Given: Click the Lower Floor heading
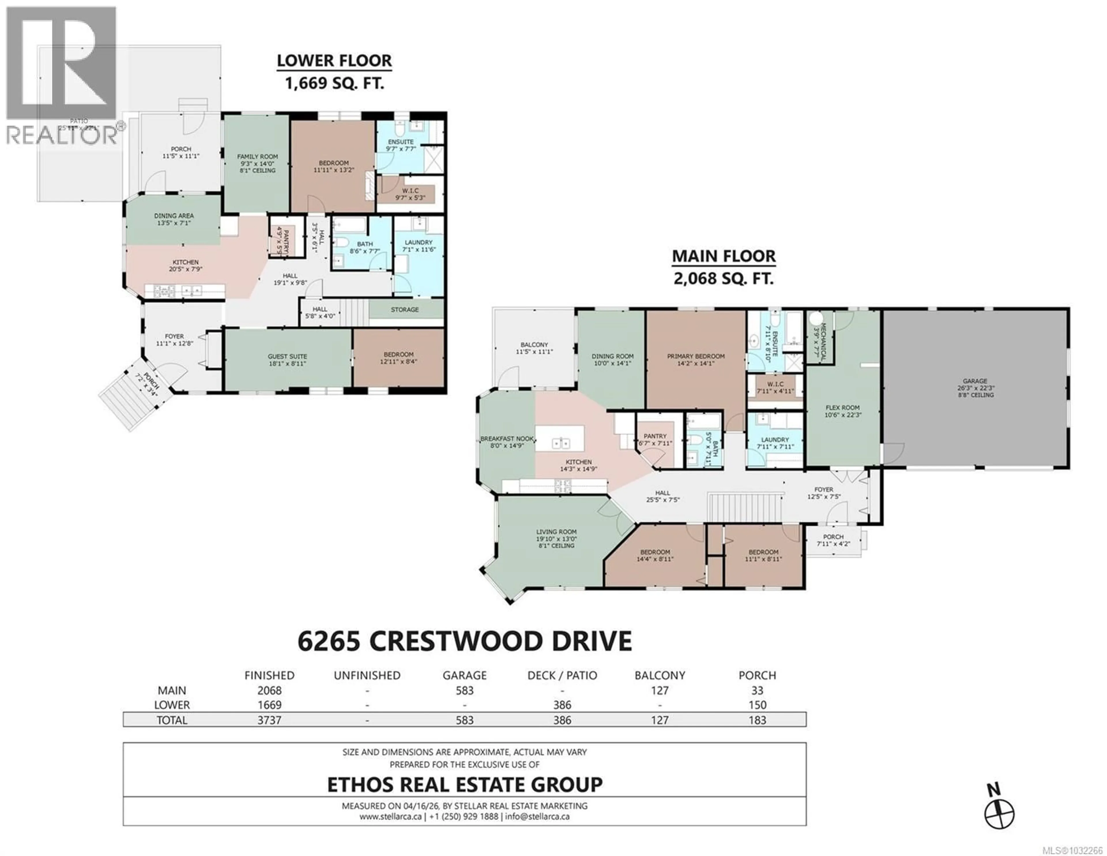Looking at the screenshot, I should pyautogui.click(x=334, y=61).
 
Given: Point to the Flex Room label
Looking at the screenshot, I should pyautogui.click(x=842, y=407).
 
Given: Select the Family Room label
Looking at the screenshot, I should pyautogui.click(x=257, y=157).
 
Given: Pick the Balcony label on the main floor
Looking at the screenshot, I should pyautogui.click(x=534, y=345).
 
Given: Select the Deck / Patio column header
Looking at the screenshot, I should pyautogui.click(x=562, y=676).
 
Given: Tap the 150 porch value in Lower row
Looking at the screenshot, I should pyautogui.click(x=757, y=705).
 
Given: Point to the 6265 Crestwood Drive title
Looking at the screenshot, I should pyautogui.click(x=464, y=641).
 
